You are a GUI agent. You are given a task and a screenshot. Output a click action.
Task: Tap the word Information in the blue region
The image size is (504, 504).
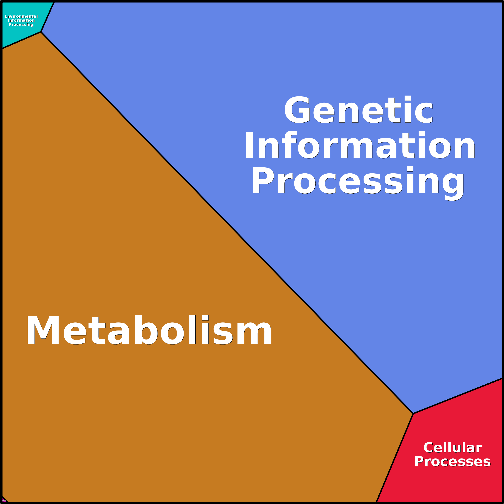(x=360, y=145)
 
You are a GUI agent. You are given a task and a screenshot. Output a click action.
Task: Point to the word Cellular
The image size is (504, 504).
(x=453, y=448)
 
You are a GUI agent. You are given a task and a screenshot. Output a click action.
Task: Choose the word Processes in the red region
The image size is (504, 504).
(x=453, y=462)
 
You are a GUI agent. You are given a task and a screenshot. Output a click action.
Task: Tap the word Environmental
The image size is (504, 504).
(x=21, y=16)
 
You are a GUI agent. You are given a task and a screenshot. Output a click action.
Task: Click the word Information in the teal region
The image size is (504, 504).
(x=21, y=20)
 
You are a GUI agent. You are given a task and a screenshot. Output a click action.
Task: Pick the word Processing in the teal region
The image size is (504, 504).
(x=21, y=24)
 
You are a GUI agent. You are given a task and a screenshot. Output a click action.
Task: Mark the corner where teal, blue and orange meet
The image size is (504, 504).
(x=41, y=32)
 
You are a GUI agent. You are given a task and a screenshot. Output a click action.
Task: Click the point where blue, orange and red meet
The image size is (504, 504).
(x=413, y=414)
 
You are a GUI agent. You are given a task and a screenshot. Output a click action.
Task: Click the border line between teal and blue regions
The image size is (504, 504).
(x=47, y=17)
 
